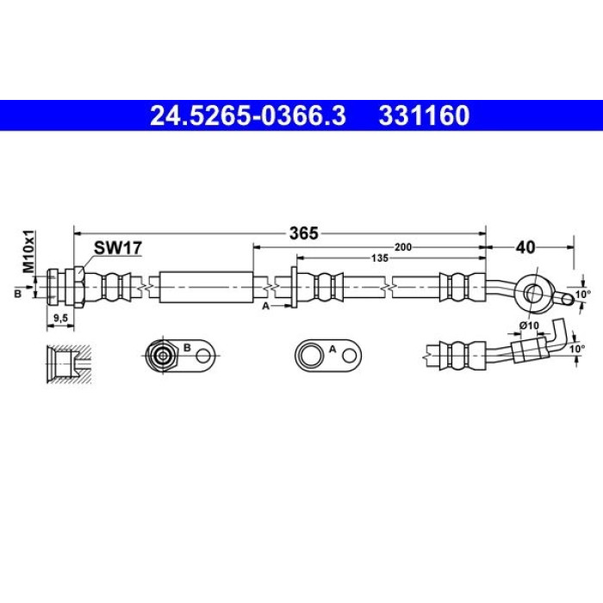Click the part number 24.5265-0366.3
point(248,115)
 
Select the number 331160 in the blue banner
point(424,115)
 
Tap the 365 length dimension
point(304,233)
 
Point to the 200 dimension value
point(403,247)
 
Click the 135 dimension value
point(380,258)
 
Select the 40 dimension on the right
point(525,247)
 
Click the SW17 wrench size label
point(118,248)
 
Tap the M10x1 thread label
point(28,252)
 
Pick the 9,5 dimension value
point(61,318)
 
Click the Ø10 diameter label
point(529,326)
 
